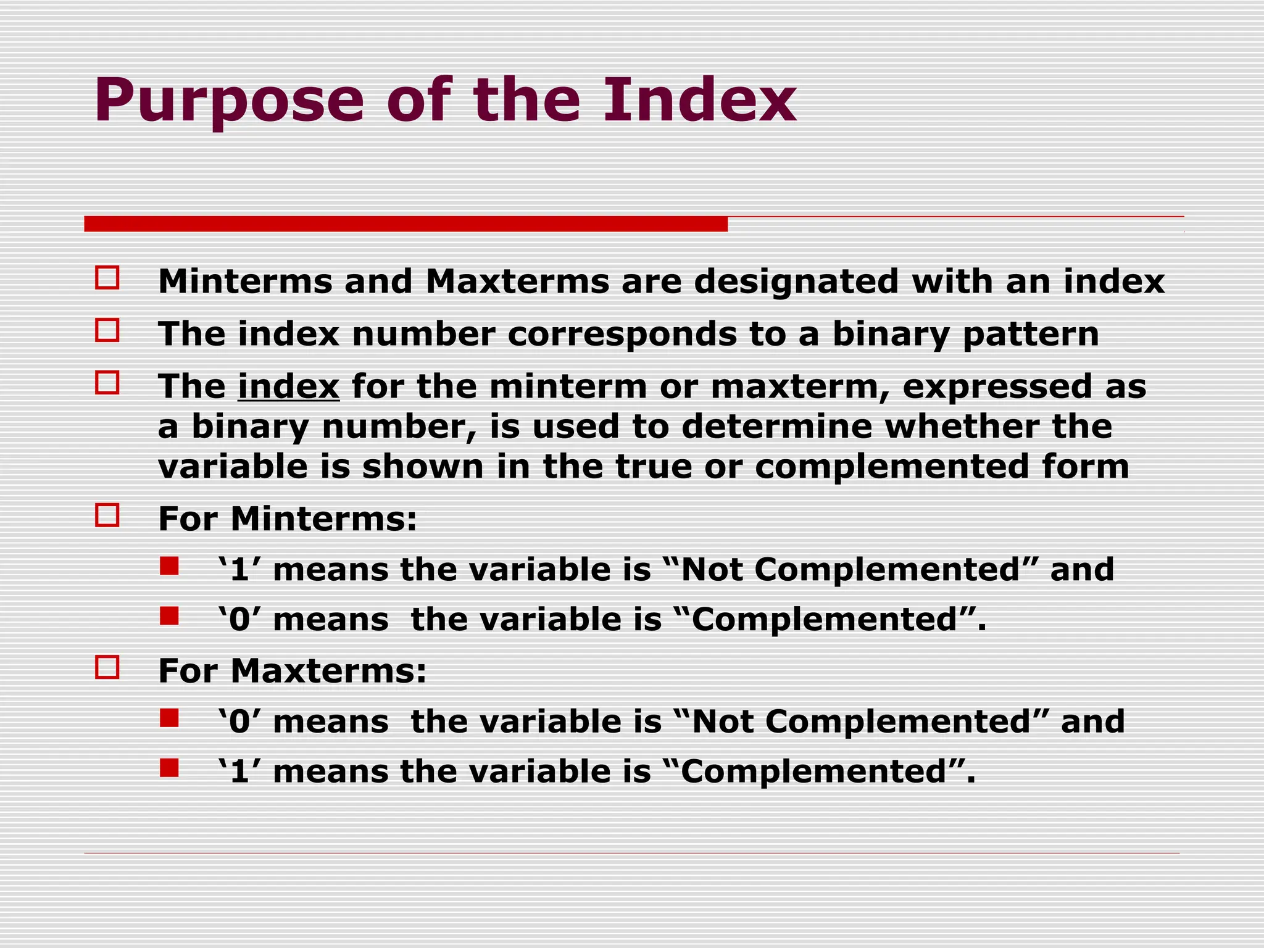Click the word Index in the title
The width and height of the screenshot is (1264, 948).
point(699,100)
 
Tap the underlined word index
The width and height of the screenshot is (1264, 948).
point(288,387)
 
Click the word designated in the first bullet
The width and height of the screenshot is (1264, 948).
point(797,282)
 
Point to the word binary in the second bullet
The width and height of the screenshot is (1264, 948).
point(891,335)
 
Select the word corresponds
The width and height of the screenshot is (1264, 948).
point(622,335)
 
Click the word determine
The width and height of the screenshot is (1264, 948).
point(777,426)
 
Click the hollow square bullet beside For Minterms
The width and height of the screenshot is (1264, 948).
point(107,515)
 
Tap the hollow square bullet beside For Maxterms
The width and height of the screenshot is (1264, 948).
point(107,667)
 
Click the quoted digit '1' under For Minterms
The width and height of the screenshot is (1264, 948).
point(239,569)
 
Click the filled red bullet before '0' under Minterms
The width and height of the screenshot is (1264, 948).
point(169,616)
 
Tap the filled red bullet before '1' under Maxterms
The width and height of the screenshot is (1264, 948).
point(169,768)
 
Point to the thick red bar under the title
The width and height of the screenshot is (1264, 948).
point(405,223)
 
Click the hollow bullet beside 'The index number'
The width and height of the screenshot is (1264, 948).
point(107,330)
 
